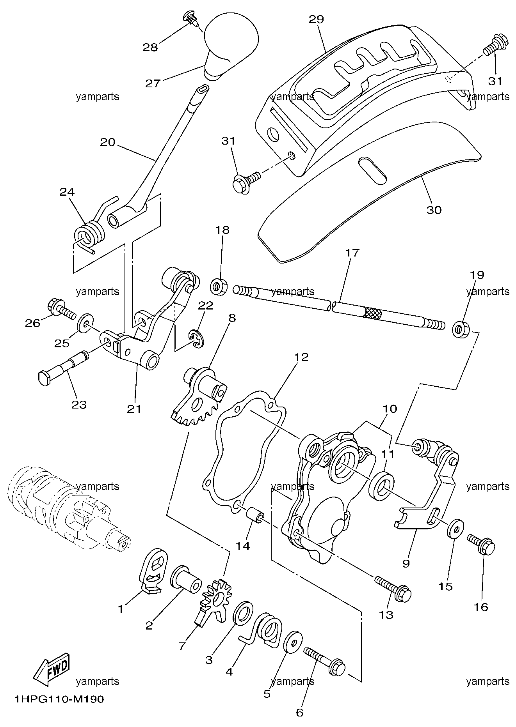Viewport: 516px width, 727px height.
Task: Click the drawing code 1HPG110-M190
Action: coord(59,699)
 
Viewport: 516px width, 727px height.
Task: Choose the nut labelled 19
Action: coord(461,329)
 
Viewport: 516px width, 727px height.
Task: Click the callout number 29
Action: coord(317,19)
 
